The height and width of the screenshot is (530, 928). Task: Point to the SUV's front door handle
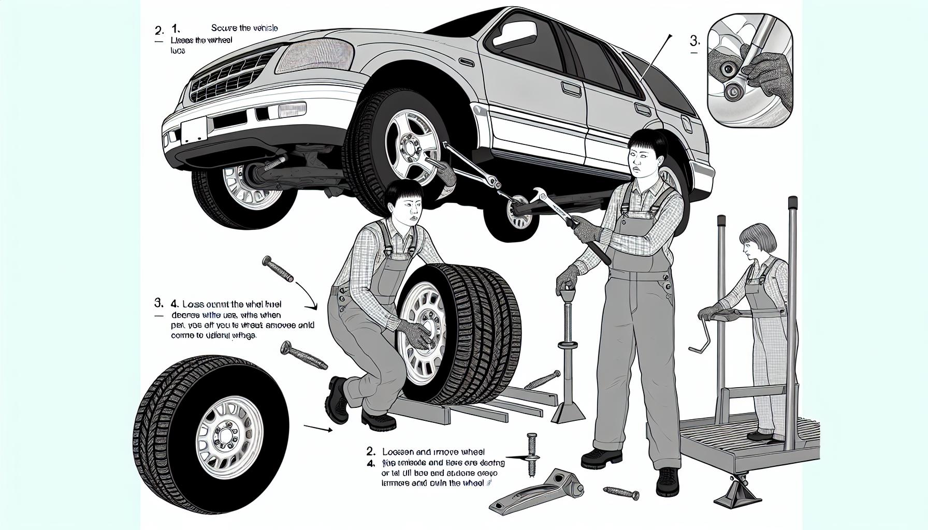[572, 90]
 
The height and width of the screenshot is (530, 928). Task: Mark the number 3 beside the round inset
[695, 41]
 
